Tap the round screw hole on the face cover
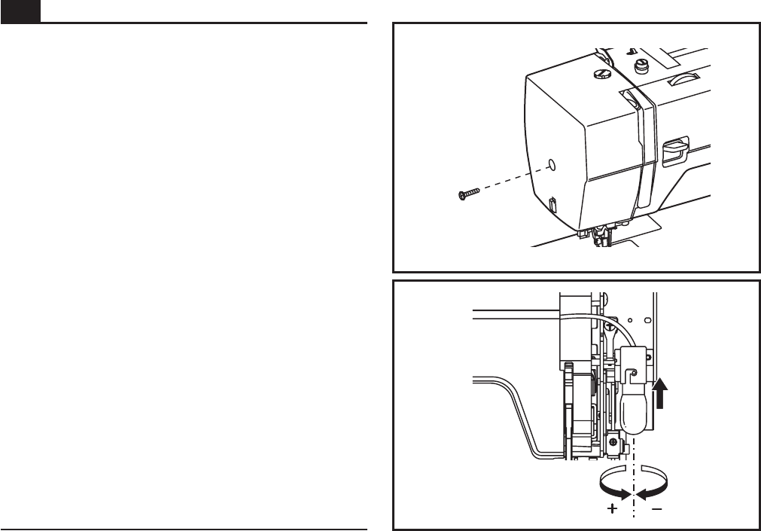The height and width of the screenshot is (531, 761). [x=551, y=163]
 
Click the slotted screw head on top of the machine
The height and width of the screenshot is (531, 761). [x=601, y=72]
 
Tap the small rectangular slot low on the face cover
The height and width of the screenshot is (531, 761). [x=552, y=204]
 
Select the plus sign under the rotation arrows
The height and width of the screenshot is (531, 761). [x=613, y=509]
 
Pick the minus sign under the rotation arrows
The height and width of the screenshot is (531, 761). [x=656, y=509]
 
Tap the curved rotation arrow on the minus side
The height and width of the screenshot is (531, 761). [x=656, y=485]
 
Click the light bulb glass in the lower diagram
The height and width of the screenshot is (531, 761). [x=634, y=410]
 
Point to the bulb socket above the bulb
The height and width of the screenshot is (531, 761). [x=634, y=362]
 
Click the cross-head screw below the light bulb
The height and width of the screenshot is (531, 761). [x=615, y=443]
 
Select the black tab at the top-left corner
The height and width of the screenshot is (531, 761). [x=20, y=11]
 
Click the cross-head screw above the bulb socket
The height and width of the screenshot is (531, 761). [x=606, y=325]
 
